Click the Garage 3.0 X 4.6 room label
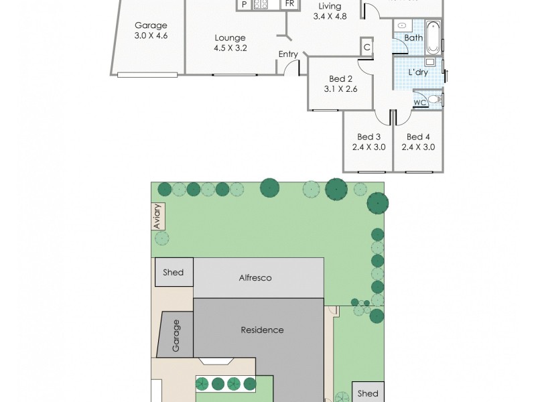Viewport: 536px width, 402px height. click(151, 31)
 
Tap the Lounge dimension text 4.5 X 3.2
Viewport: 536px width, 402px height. click(230, 48)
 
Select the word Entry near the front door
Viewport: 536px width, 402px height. click(288, 54)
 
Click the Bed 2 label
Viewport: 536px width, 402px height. click(340, 78)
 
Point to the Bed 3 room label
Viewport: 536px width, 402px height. click(368, 137)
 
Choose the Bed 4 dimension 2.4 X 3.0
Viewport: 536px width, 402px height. click(418, 147)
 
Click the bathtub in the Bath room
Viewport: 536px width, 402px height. click(433, 38)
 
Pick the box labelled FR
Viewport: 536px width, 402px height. click(289, 5)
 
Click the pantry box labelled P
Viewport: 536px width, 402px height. click(244, 5)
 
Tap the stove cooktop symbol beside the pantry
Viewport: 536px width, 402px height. click(261, 5)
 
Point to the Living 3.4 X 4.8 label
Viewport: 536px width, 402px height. click(326, 11)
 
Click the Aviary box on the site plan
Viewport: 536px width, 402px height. click(157, 216)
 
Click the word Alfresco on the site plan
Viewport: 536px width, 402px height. click(255, 277)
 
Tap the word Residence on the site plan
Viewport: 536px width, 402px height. click(262, 330)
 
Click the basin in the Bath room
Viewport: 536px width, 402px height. click(402, 25)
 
